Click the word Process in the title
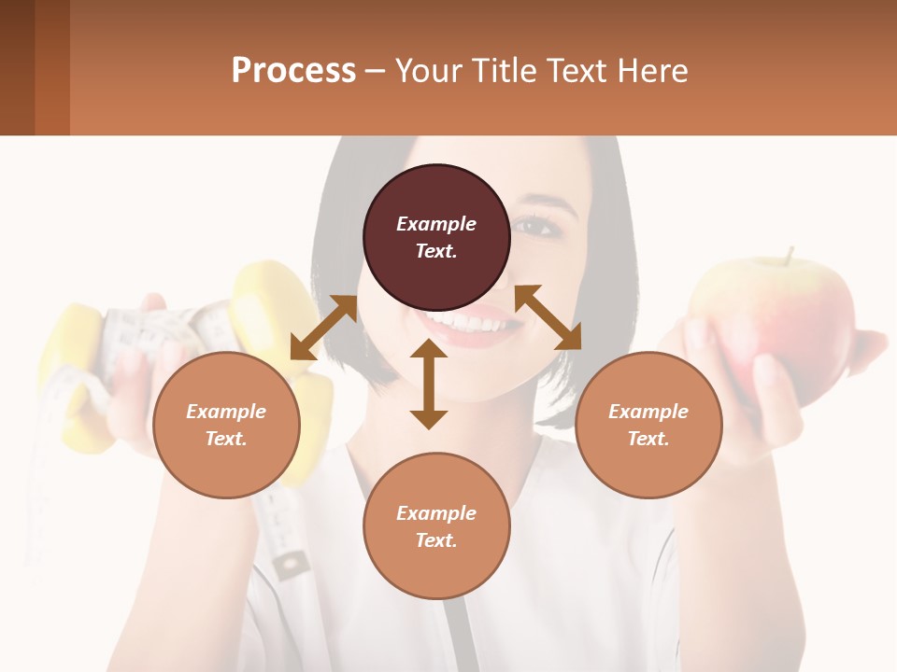[293, 71]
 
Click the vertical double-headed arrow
[429, 385]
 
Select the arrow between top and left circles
[323, 327]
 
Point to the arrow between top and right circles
[548, 317]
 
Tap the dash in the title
[376, 71]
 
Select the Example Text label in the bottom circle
[436, 526]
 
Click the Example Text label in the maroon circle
[436, 237]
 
